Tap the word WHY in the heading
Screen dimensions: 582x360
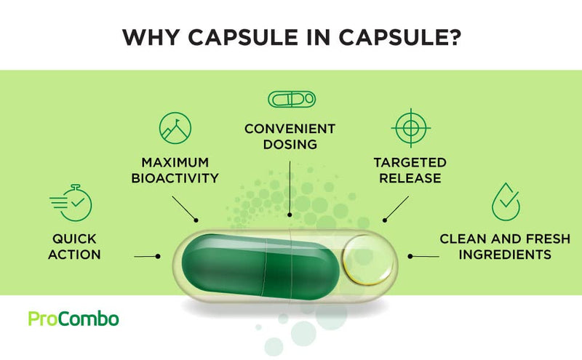151,37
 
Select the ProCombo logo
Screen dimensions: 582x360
73,319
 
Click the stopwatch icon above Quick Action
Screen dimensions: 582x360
71,203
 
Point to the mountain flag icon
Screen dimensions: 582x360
175,128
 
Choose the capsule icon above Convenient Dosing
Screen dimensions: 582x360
292,99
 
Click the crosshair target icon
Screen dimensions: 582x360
410,128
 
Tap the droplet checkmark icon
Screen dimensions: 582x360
505,201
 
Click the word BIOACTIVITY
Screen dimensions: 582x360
175,178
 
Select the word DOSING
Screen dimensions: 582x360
290,145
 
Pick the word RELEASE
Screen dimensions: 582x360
410,178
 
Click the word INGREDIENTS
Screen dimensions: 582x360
505,255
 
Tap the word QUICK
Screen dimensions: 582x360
74,239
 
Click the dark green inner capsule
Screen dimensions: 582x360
260,267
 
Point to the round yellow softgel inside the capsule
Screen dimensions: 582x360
367,260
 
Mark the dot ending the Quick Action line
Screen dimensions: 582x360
158,256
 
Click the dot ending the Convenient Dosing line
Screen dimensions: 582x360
290,215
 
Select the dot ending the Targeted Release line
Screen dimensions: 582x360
385,220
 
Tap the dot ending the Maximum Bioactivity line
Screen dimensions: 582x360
196,220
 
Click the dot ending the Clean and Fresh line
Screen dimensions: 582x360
410,256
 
